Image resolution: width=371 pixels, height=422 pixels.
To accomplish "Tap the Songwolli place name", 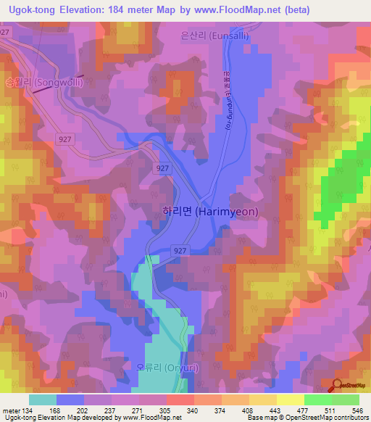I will click(43, 83).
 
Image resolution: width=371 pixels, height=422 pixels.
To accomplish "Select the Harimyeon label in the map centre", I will click(209, 212).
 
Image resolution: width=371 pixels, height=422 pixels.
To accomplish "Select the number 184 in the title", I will click(141, 10).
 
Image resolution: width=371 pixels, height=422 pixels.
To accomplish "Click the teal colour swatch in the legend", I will click(43, 400).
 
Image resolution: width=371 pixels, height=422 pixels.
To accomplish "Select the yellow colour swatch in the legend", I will click(290, 400).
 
